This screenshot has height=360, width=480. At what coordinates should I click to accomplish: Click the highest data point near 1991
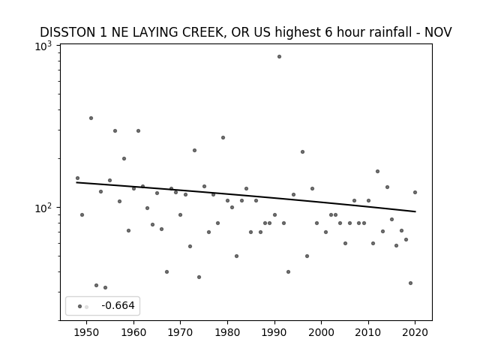click(x=279, y=57)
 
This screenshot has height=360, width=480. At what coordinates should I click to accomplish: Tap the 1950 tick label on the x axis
click(x=87, y=332)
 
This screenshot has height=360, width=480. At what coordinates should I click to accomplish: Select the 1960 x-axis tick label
click(x=133, y=332)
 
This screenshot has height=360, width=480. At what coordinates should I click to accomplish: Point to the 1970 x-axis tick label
click(x=180, y=332)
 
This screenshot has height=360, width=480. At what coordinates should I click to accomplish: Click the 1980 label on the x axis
click(x=227, y=332)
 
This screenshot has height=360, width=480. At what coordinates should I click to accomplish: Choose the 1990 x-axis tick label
click(x=274, y=332)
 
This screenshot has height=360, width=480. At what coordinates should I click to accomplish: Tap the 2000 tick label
click(x=322, y=332)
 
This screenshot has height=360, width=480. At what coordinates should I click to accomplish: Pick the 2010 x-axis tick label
click(x=368, y=332)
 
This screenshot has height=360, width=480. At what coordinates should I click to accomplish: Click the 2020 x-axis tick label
click(x=415, y=332)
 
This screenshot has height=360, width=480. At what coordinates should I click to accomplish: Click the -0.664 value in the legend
click(x=118, y=305)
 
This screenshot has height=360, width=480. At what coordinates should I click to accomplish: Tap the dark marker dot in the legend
click(x=79, y=307)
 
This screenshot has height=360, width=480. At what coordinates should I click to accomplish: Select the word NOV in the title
click(x=438, y=32)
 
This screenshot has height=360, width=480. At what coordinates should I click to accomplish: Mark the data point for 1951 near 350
click(x=91, y=118)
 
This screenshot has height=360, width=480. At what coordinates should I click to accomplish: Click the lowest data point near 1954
click(x=105, y=288)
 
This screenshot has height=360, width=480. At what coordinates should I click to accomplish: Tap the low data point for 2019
click(x=410, y=283)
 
